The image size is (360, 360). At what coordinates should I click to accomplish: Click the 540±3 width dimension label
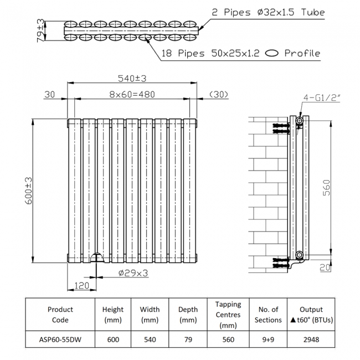[132, 78]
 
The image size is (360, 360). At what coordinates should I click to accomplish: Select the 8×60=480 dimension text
[132, 95]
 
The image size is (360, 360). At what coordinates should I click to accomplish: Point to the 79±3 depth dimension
[40, 31]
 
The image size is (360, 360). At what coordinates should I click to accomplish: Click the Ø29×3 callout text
[133, 272]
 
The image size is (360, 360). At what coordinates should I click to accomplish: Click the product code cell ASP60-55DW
[60, 340]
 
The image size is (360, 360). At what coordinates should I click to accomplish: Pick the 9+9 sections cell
[268, 340]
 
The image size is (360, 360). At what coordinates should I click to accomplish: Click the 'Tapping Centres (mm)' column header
[228, 315]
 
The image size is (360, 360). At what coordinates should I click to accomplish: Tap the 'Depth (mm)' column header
[188, 315]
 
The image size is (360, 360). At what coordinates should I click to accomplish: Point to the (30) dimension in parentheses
[220, 95]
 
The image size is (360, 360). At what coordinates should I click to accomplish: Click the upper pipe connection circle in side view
[300, 120]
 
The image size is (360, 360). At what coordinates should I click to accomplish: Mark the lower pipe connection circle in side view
[300, 255]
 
